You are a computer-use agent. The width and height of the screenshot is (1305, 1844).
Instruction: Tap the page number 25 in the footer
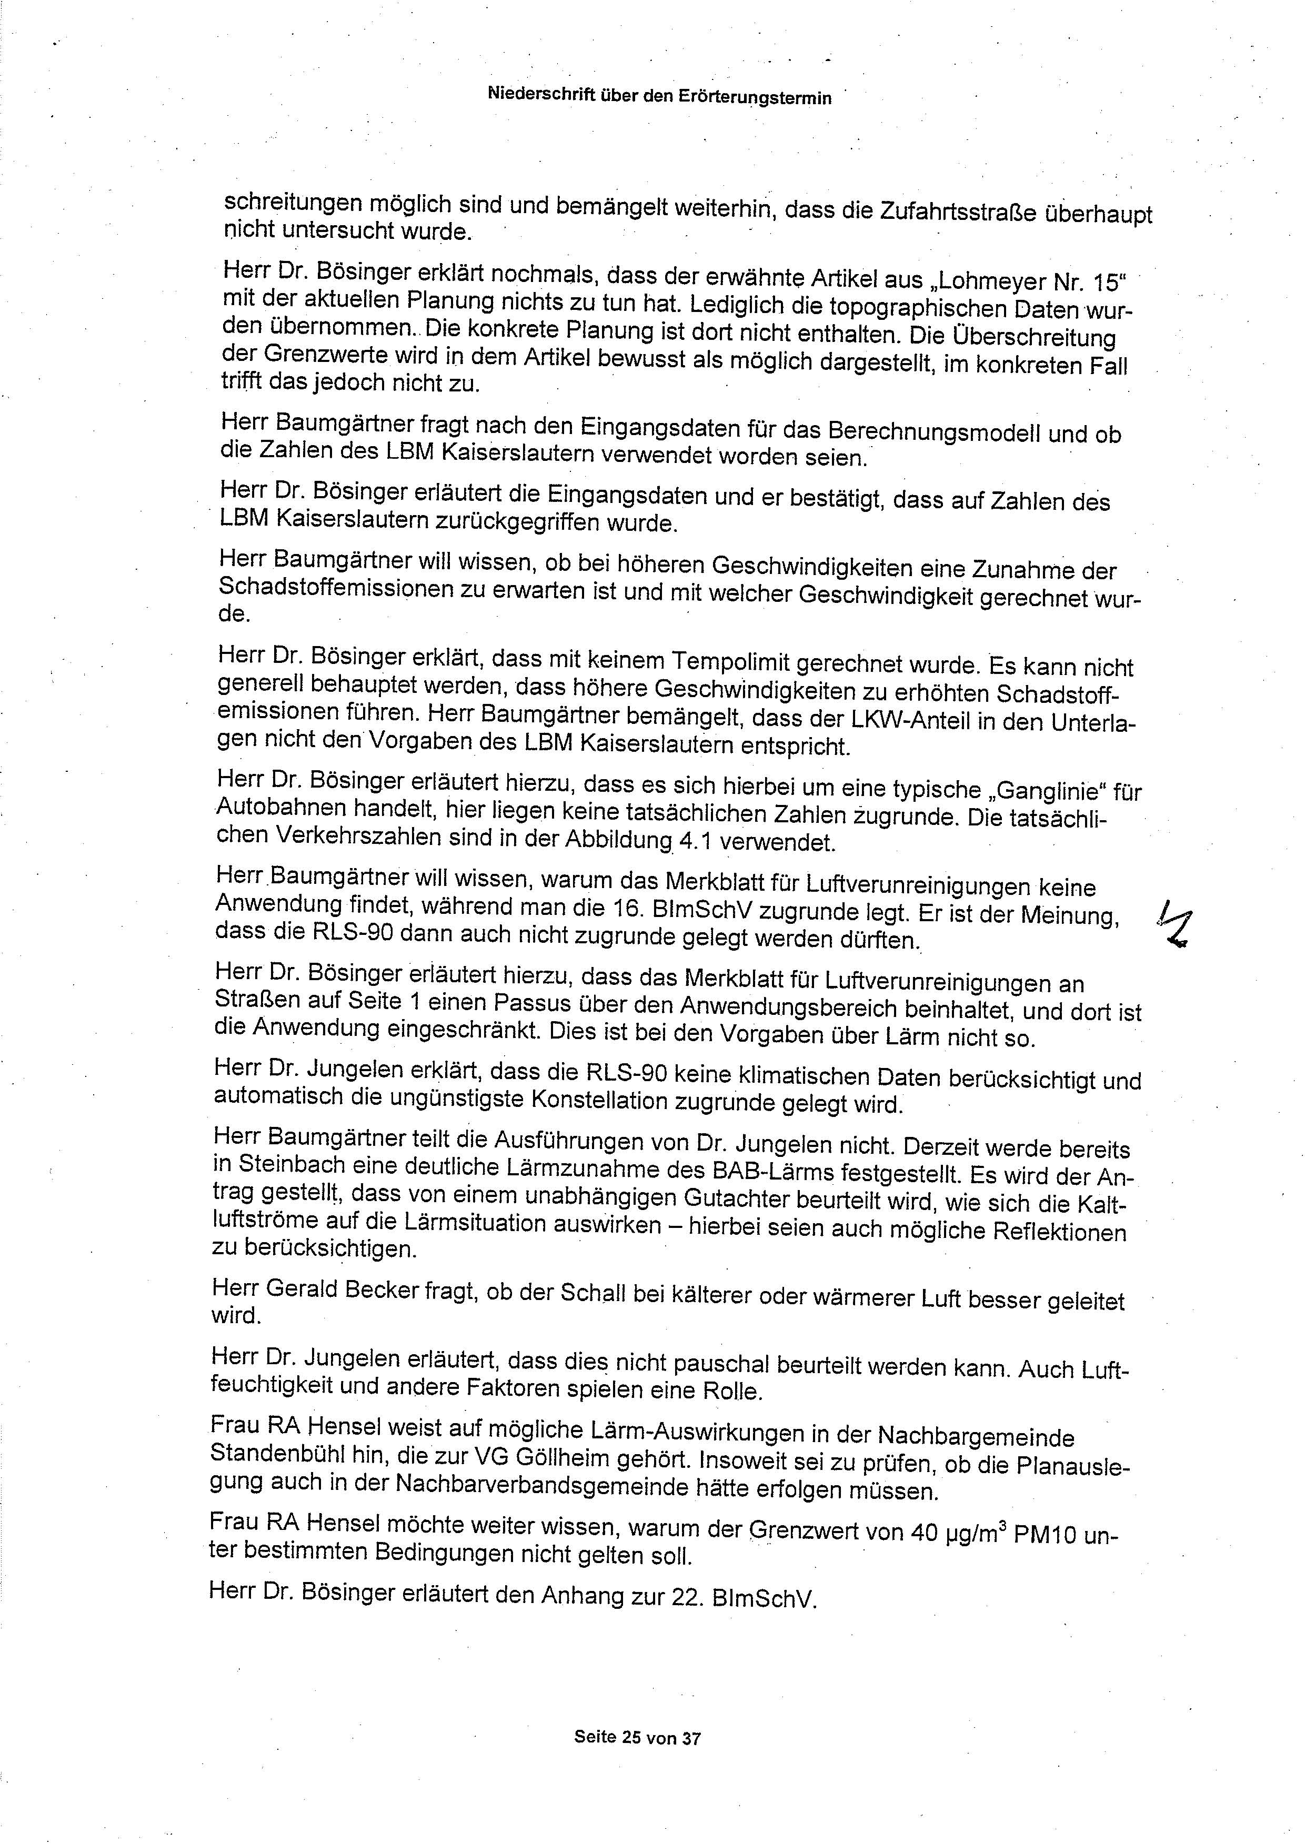631,1737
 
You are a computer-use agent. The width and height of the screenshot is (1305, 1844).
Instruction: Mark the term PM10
1045,1533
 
